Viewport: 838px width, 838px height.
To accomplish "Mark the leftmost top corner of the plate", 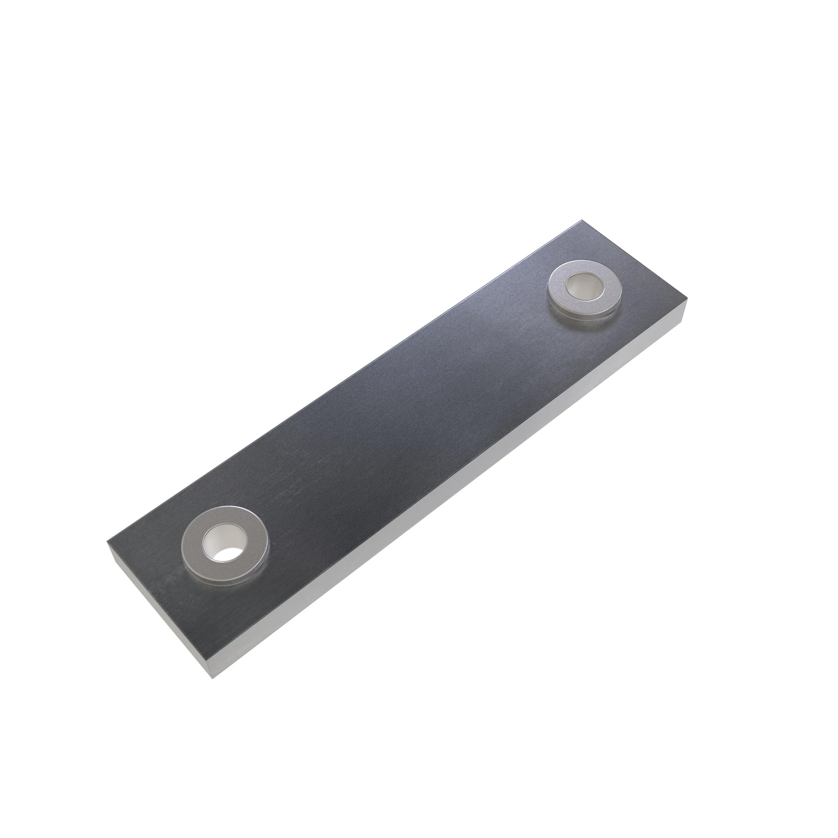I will coord(107,541).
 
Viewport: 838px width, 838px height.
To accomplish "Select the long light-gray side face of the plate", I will coord(455,499).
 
